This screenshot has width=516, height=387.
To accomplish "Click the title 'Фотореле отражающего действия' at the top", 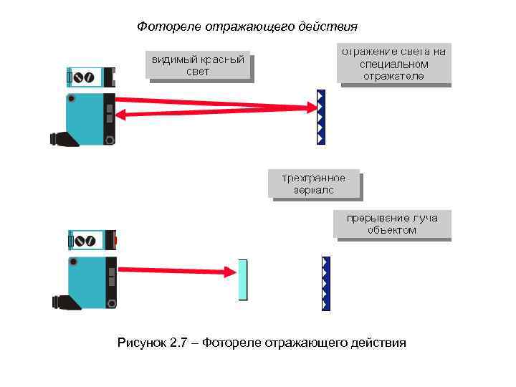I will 247,27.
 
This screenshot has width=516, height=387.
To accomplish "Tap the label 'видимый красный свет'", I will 198,65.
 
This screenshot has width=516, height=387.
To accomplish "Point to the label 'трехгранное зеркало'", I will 313,184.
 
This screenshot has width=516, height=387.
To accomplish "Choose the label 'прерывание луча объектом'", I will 391,224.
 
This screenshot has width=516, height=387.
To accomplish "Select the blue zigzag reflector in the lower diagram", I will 326,283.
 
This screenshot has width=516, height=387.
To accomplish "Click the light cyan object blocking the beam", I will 242,279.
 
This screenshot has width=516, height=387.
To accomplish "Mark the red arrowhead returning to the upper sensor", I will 123,113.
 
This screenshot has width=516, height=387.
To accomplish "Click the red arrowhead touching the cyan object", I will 231,272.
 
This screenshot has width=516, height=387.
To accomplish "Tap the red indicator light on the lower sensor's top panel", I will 115,239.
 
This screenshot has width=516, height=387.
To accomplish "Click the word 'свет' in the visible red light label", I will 198,72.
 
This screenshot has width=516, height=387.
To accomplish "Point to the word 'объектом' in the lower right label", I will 391,230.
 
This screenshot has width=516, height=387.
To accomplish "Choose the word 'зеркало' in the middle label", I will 313,191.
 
